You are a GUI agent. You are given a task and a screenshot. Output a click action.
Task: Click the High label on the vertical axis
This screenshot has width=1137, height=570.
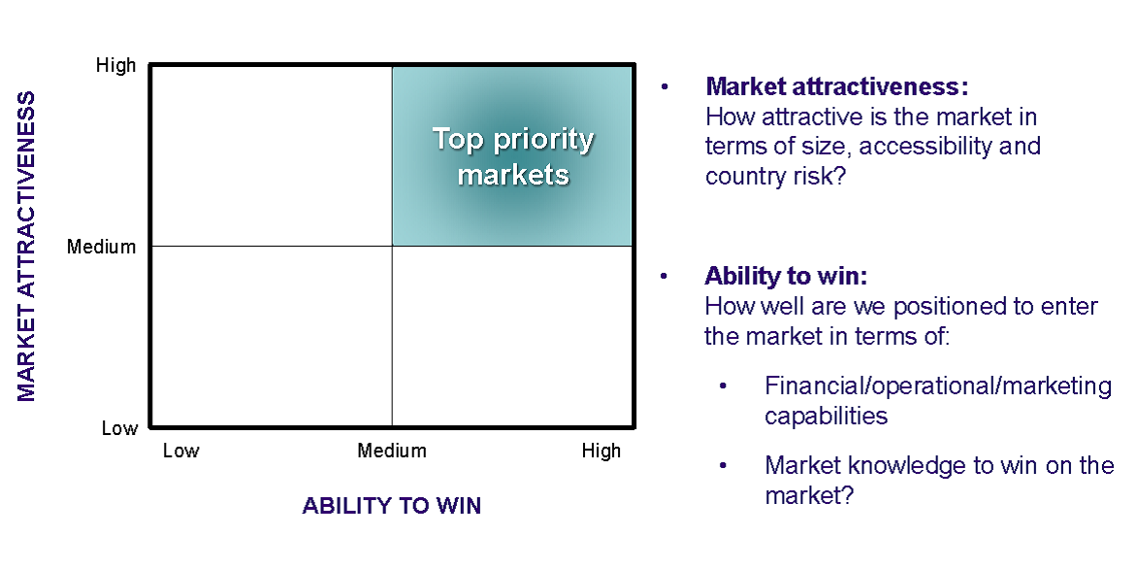[116, 65]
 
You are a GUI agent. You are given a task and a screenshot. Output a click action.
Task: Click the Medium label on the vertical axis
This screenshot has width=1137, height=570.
[102, 247]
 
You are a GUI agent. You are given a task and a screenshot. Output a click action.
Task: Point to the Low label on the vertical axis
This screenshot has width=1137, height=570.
[119, 428]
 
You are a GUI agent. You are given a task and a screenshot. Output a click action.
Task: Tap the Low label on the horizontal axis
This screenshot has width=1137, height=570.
[180, 451]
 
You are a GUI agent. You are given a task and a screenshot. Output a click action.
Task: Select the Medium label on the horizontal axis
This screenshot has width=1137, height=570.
[392, 451]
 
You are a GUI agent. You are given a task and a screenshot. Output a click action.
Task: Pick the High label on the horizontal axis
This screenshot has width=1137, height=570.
[601, 451]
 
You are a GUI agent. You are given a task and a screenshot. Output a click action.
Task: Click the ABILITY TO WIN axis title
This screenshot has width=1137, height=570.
[392, 506]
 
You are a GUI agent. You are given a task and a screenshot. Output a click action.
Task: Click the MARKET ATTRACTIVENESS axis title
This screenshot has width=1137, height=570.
[26, 246]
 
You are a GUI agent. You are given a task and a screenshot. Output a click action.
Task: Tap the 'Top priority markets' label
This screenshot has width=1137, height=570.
[513, 157]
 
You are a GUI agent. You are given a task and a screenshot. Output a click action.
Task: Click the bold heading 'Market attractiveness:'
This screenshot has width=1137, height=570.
[837, 86]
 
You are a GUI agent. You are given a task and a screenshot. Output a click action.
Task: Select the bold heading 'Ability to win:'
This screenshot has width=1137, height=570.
[786, 276]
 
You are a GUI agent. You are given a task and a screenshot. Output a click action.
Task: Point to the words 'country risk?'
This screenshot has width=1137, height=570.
[776, 177]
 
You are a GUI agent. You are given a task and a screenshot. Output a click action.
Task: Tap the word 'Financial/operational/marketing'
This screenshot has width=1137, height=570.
[938, 386]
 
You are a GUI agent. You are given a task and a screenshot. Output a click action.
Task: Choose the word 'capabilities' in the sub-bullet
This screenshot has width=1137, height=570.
[826, 416]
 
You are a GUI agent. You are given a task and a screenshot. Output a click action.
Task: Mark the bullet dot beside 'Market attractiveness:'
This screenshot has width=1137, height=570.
[665, 87]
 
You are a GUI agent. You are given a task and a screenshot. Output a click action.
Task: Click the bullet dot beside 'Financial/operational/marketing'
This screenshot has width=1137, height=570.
[723, 386]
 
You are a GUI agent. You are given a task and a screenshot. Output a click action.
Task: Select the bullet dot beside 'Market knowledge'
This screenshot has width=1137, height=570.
[723, 465]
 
